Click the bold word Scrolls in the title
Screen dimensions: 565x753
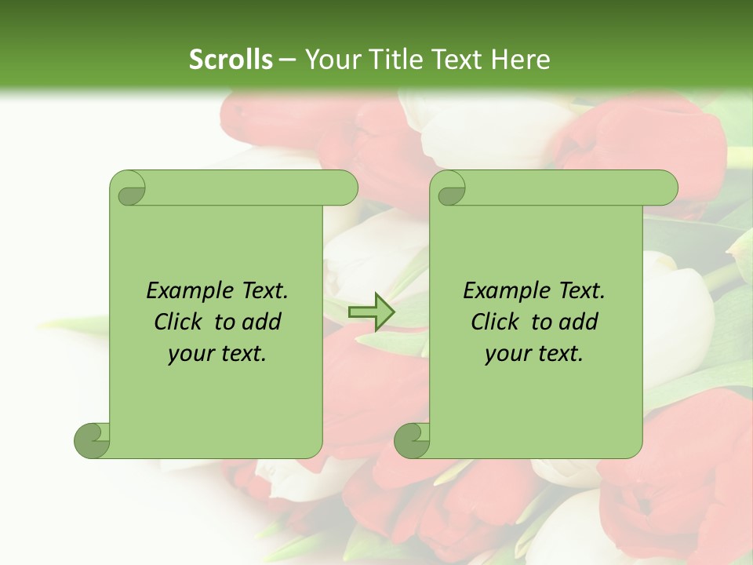231,59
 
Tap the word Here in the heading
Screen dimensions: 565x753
520,59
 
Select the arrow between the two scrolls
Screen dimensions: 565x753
371,312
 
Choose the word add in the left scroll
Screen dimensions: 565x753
261,323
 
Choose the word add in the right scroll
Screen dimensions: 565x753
578,323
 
